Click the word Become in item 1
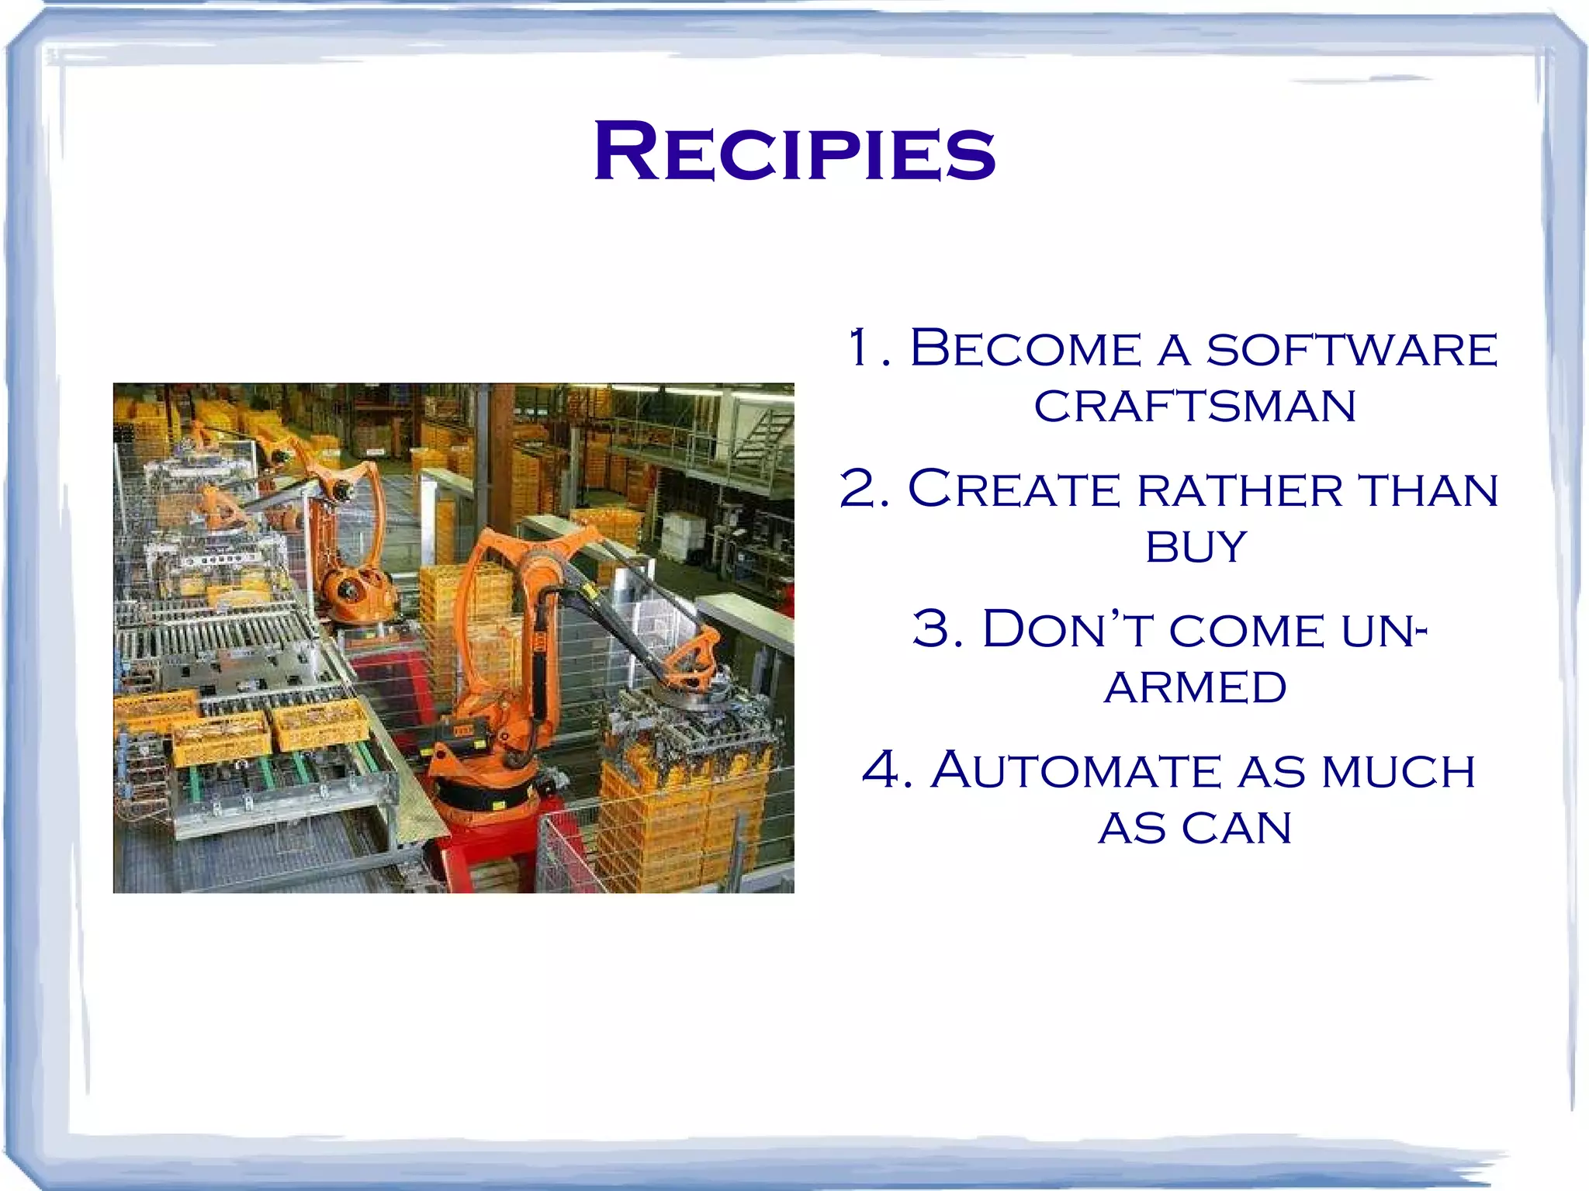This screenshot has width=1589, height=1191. [1025, 348]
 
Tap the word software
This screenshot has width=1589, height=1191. [1351, 350]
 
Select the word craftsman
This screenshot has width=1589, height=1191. [1195, 407]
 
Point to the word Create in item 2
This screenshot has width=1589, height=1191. [1013, 490]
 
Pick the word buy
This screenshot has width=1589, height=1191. [1196, 547]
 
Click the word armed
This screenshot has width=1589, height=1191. [1195, 687]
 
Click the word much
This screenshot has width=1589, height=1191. [1398, 772]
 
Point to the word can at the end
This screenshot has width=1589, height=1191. [1237, 829]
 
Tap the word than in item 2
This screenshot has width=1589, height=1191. [1428, 491]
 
